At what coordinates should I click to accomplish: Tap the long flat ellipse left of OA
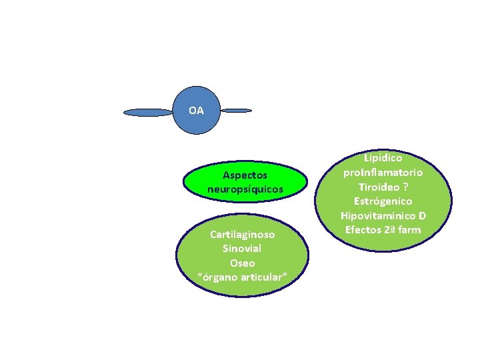[x=148, y=113]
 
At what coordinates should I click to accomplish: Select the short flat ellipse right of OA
[x=236, y=110]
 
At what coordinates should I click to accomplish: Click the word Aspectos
[x=245, y=175]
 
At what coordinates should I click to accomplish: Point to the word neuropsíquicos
[x=245, y=189]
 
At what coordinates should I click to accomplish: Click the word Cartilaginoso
[x=241, y=234]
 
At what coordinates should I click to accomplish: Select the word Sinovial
[x=242, y=248]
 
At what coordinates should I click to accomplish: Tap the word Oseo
[x=242, y=263]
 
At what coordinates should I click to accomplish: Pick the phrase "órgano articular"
[x=243, y=277]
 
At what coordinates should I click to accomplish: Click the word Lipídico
[x=383, y=158]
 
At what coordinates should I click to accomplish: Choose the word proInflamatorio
[x=383, y=173]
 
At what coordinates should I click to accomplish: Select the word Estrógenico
[x=383, y=201]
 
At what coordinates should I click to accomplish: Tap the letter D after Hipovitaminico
[x=422, y=216]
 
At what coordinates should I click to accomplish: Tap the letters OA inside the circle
[x=196, y=110]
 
